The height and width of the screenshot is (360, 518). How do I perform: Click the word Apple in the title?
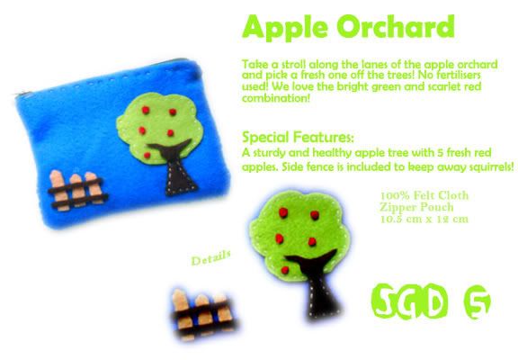[x=285, y=28]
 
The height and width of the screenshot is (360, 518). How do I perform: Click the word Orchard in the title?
[x=396, y=26]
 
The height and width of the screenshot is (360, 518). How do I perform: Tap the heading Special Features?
[x=298, y=137]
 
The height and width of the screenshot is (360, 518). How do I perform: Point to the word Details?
[x=210, y=258]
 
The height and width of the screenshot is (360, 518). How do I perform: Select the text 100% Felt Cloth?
[x=424, y=195]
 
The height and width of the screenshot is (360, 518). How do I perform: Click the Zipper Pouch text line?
[x=417, y=207]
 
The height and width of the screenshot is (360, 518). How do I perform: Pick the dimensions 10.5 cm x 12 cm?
[x=424, y=219]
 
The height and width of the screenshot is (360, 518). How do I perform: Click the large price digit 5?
[x=478, y=301]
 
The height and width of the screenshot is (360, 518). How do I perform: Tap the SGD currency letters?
[x=410, y=301]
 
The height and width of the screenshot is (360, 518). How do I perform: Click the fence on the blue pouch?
[x=78, y=191]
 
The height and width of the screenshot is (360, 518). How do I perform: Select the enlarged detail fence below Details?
[x=204, y=315]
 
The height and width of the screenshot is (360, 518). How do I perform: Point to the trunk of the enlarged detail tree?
[x=318, y=283]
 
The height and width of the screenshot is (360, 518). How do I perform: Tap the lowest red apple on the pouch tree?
[x=147, y=155]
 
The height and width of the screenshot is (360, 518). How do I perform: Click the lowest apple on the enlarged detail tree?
[x=285, y=270]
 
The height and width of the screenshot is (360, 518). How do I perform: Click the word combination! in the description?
[x=276, y=98]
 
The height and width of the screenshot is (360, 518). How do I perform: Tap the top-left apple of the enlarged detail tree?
[x=283, y=212]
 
